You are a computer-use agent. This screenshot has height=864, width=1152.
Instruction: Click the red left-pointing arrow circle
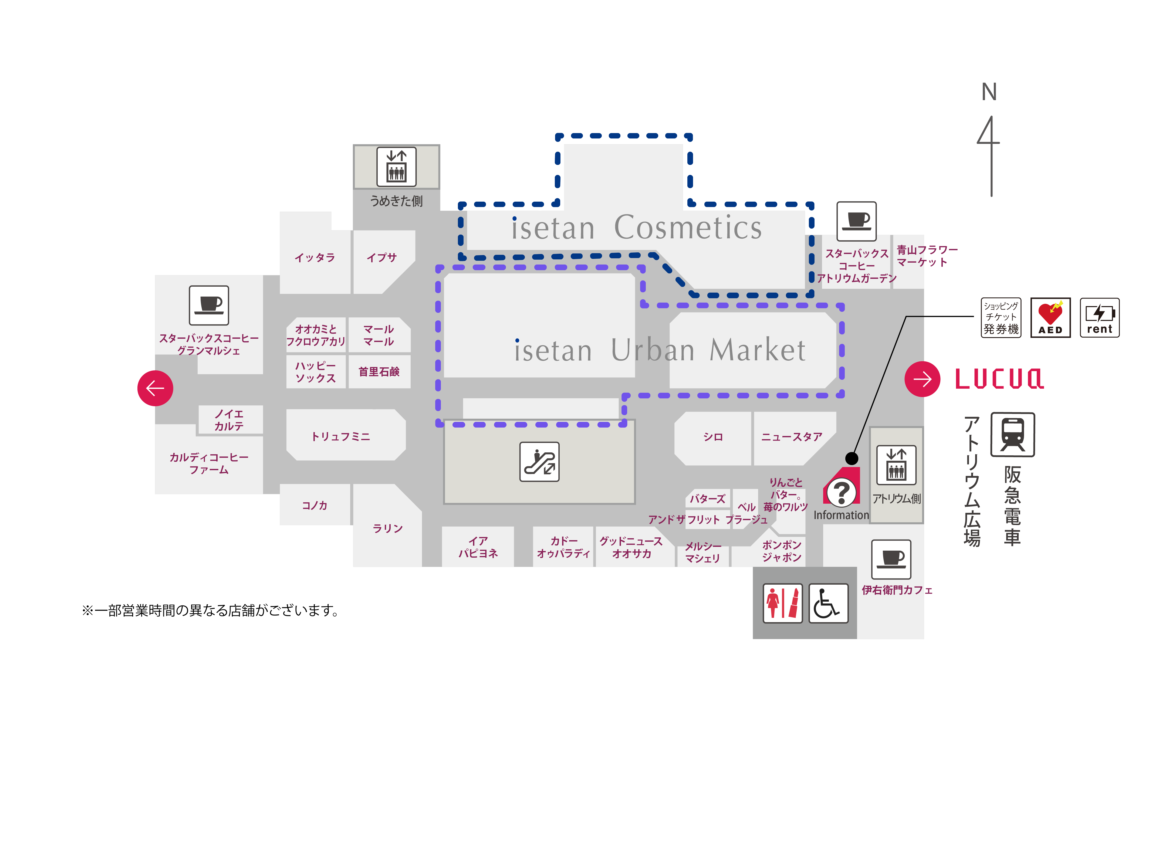[x=155, y=388]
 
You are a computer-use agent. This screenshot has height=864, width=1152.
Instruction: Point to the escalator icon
[x=539, y=462]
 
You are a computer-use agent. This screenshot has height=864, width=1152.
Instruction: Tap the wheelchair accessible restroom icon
[x=828, y=603]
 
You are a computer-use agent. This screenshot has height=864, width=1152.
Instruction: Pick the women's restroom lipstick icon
[x=782, y=603]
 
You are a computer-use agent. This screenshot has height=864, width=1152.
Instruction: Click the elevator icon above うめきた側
[x=396, y=167]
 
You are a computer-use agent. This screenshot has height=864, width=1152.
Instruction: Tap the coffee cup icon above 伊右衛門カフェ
[x=891, y=559]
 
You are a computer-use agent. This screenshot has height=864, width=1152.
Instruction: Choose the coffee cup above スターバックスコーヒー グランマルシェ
[x=209, y=305]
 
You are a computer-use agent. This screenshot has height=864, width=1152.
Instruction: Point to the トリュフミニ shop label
[x=341, y=436]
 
